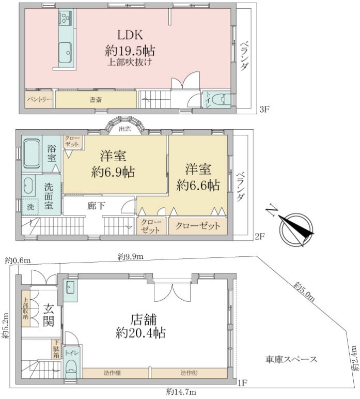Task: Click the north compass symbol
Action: (x=296, y=227)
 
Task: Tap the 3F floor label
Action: (x=264, y=110)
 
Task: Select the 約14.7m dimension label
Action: (x=181, y=392)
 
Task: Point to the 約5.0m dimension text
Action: (x=304, y=292)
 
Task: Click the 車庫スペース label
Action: (x=291, y=359)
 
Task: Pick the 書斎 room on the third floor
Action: (x=96, y=100)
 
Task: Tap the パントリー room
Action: (x=39, y=99)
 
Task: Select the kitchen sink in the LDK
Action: (x=65, y=52)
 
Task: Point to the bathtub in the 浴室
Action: (x=32, y=154)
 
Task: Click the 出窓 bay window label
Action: (x=125, y=129)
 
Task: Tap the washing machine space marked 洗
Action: (x=30, y=207)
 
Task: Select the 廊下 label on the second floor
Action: (x=96, y=206)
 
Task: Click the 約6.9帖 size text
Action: (x=113, y=173)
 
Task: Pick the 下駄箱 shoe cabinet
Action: (x=56, y=349)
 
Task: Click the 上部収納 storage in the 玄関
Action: (x=26, y=309)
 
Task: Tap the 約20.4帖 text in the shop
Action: (x=140, y=332)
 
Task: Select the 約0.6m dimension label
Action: (x=18, y=260)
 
